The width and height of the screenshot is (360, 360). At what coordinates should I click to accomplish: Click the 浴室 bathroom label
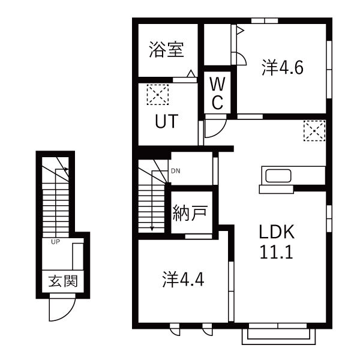(x=166, y=50)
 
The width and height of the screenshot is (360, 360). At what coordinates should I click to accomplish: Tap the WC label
(x=217, y=94)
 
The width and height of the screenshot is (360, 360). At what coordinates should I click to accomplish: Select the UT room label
(x=166, y=122)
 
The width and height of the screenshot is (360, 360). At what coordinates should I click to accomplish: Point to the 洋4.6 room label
(x=282, y=68)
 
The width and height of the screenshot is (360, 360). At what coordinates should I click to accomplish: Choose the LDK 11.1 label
(x=276, y=242)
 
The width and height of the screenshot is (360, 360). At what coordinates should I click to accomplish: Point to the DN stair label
(x=175, y=171)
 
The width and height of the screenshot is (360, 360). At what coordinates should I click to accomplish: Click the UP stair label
(x=55, y=242)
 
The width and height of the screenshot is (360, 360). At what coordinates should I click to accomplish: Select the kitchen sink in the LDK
(x=277, y=177)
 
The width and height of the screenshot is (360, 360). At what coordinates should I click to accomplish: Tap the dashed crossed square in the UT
(x=158, y=94)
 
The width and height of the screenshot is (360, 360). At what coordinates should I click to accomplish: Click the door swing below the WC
(x=214, y=127)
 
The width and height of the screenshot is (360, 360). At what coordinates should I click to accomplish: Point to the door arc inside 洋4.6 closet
(x=238, y=59)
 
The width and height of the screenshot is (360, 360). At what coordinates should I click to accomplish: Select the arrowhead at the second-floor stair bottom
(x=152, y=227)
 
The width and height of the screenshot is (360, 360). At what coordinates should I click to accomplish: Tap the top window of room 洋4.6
(x=264, y=21)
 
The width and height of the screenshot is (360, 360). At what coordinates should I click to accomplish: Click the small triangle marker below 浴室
(x=190, y=75)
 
